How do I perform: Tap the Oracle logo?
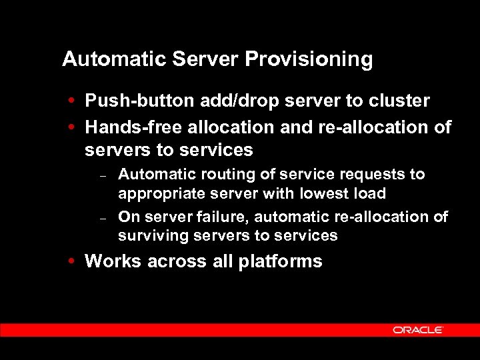tap(418, 330)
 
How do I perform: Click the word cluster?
tap(398, 101)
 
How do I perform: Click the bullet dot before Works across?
tap(71, 261)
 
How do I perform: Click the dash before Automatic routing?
tap(103, 176)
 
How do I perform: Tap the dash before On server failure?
tap(103, 219)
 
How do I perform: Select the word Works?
tap(111, 261)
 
